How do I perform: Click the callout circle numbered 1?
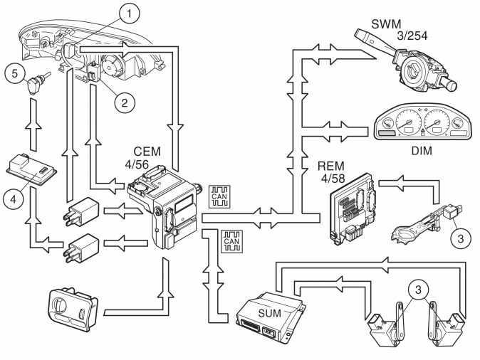click(129, 14)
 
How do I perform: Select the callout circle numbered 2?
click(125, 102)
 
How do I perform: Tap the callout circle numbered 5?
click(15, 73)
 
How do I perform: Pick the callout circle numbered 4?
click(14, 199)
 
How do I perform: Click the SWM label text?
click(386, 24)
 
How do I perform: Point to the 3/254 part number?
click(412, 36)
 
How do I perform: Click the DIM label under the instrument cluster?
click(422, 151)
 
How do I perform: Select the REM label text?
click(331, 166)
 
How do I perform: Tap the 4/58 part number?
click(333, 179)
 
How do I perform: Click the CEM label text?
click(147, 152)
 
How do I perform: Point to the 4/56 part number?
click(137, 164)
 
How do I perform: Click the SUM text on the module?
click(269, 314)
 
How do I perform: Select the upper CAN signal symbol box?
click(219, 196)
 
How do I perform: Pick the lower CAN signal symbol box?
click(231, 242)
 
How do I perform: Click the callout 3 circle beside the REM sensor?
click(461, 238)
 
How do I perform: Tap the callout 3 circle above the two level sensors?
click(419, 290)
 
